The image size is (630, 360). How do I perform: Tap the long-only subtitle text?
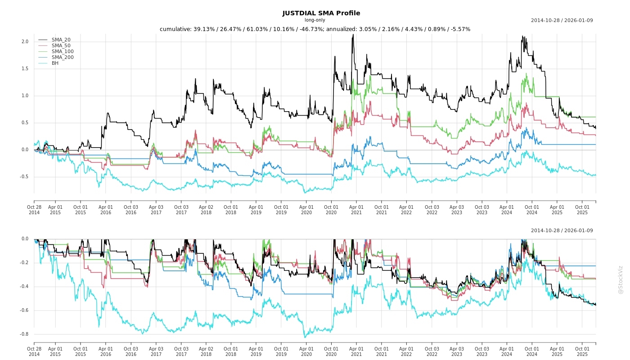(315, 20)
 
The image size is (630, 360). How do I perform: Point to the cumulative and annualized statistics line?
(315, 29)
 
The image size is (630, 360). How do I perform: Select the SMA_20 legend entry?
(61, 40)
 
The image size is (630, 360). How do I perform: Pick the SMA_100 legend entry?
(63, 51)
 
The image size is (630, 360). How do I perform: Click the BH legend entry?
(55, 63)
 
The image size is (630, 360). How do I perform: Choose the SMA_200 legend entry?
(63, 57)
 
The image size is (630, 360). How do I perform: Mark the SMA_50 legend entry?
(61, 45)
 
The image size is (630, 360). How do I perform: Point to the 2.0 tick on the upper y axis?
(25, 42)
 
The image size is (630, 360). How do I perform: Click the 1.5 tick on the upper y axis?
(25, 69)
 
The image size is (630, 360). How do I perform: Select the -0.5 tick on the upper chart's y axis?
(24, 177)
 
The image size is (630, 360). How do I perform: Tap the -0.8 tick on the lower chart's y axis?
(24, 334)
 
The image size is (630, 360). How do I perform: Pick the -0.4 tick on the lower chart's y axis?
(24, 287)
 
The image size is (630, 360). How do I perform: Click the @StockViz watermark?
(621, 279)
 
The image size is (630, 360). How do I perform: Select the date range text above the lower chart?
(562, 231)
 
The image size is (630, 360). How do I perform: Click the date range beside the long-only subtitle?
(562, 20)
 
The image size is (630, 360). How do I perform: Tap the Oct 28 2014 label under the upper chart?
(34, 210)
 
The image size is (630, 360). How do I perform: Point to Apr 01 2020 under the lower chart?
(306, 351)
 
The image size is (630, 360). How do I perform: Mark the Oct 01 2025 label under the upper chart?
(582, 210)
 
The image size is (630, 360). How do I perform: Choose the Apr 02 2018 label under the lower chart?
(206, 351)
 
